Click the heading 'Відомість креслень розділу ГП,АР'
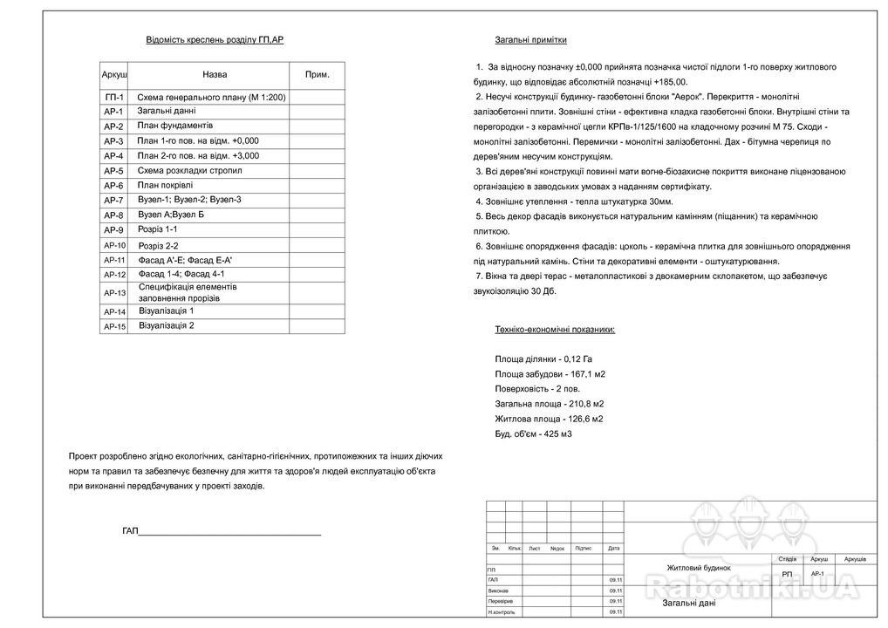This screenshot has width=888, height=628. [x=215, y=40]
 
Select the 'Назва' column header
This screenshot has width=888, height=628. [x=215, y=75]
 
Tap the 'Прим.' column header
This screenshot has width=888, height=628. [x=317, y=75]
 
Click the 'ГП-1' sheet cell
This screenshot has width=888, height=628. [x=114, y=98]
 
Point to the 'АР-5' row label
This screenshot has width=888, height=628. [x=114, y=171]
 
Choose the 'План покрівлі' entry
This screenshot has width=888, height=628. [x=166, y=185]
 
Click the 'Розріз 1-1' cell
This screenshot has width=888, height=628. [x=158, y=229]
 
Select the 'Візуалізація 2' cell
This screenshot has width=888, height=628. [x=167, y=325]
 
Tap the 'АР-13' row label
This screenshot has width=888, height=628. [x=115, y=293]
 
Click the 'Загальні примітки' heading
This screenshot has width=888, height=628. [x=530, y=40]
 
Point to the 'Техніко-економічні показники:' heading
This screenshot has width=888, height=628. [x=555, y=330]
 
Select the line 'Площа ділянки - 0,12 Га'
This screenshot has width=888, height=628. [x=543, y=358]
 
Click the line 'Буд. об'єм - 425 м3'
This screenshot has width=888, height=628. [x=533, y=433]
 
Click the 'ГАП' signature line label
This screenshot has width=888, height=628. [x=131, y=530]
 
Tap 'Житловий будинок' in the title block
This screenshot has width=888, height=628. [x=699, y=568]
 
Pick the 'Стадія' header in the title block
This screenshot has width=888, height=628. [x=787, y=558]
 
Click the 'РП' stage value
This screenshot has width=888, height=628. [x=788, y=574]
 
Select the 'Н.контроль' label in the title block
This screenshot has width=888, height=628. [x=502, y=611]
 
